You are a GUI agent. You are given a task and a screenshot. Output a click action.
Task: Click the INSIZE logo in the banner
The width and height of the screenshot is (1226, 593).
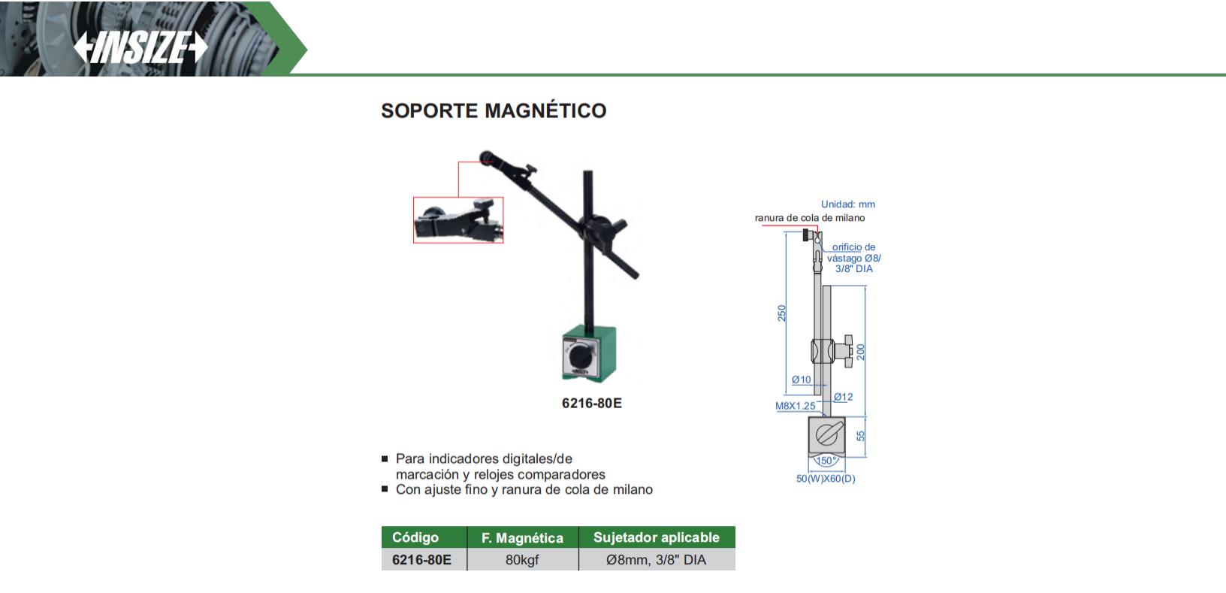tap(140, 47)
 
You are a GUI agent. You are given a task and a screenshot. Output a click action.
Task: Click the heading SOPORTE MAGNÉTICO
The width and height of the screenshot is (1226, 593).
tap(494, 110)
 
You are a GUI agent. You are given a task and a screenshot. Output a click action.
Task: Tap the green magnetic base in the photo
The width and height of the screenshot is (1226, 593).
tap(589, 353)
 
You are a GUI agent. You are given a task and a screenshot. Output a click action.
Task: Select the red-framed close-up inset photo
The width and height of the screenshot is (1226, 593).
tap(458, 219)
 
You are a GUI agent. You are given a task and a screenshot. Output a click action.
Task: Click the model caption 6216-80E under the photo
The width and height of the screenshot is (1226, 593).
tap(592, 403)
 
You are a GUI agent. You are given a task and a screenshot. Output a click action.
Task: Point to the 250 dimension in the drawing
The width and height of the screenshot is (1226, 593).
tap(781, 313)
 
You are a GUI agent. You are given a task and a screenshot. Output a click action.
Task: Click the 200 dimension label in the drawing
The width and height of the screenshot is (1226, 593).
tap(860, 352)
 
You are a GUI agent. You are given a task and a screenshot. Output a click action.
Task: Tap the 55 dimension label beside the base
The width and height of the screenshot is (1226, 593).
tap(860, 436)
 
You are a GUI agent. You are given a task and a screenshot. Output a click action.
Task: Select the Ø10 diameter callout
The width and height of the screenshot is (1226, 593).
tap(802, 380)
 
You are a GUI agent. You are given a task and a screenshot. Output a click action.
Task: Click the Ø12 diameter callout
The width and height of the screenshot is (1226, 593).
tap(844, 397)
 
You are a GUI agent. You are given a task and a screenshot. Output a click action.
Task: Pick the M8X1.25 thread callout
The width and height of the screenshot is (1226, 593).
tap(796, 406)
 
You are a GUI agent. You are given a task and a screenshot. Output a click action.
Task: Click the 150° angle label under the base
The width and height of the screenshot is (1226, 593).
tap(826, 461)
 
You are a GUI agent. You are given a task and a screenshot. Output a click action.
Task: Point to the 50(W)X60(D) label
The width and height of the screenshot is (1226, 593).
tap(826, 479)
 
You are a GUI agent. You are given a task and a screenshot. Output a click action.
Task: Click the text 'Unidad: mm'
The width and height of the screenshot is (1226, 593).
tap(848, 204)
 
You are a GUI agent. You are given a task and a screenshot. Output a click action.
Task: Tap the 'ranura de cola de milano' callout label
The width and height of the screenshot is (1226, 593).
tap(810, 218)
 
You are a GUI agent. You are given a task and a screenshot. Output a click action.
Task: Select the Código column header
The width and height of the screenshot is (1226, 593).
tap(415, 537)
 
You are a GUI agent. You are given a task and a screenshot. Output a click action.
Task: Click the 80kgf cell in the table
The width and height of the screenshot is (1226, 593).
tap(522, 560)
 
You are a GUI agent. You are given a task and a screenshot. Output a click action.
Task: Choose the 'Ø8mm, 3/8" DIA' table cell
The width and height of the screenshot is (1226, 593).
tap(657, 560)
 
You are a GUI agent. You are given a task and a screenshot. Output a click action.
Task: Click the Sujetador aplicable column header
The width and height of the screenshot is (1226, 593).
tap(657, 537)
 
